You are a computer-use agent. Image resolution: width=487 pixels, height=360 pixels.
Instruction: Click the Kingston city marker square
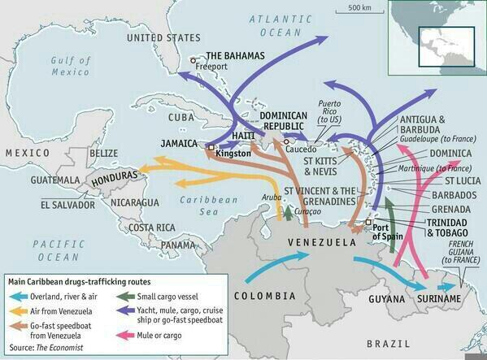[x=211, y=148]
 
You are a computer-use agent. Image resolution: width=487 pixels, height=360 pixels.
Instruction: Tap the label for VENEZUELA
[x=323, y=243]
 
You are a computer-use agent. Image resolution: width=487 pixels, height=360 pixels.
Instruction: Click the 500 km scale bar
[x=361, y=12]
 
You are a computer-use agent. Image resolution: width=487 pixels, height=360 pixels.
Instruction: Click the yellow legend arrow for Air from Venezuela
[x=18, y=310]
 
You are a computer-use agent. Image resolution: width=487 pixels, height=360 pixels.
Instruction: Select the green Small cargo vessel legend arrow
[x=127, y=296]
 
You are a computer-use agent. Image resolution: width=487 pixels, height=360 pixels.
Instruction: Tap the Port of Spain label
[x=390, y=233]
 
